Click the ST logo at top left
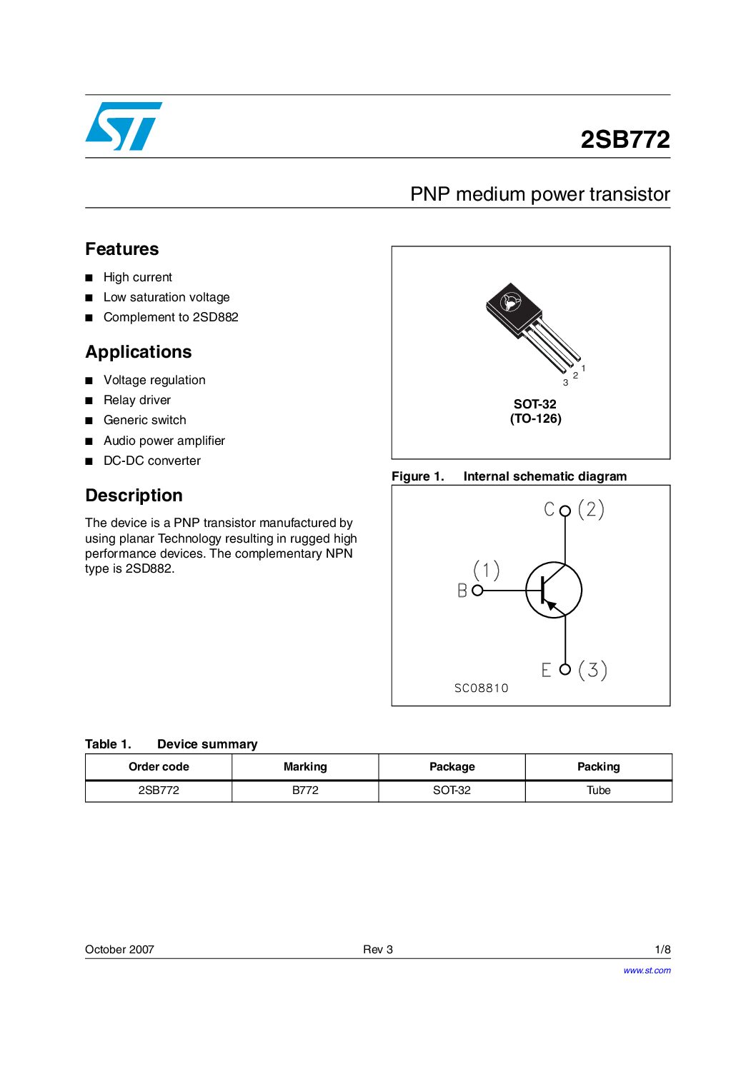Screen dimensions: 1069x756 tap(124, 126)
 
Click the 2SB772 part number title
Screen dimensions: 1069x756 tap(625, 139)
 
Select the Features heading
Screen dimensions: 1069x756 tap(122, 249)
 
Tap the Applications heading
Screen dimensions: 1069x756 tap(139, 352)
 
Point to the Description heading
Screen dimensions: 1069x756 tap(134, 496)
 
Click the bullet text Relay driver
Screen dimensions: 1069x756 tap(137, 400)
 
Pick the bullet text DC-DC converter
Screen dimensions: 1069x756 tap(152, 461)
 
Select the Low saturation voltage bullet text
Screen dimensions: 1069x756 tap(166, 297)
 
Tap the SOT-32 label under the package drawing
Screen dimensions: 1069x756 tap(535, 404)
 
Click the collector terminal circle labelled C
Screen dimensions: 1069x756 tap(565, 511)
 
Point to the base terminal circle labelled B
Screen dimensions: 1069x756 tap(477, 591)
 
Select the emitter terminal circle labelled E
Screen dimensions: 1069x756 tap(565, 669)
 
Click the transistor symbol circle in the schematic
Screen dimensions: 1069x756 tap(554, 591)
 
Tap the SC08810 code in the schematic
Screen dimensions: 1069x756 tap(482, 688)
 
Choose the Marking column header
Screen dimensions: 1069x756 tap(305, 767)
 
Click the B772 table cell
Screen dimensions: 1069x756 tap(305, 791)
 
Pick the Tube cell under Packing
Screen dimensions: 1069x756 tap(599, 791)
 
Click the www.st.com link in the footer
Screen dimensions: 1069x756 tap(647, 970)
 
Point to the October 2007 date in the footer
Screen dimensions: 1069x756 tap(119, 950)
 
